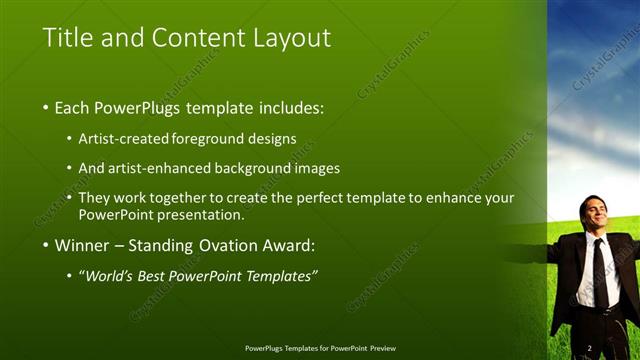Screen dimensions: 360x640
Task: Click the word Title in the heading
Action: (68, 38)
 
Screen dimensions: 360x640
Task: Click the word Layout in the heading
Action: (290, 38)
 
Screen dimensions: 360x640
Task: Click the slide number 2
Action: (590, 347)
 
